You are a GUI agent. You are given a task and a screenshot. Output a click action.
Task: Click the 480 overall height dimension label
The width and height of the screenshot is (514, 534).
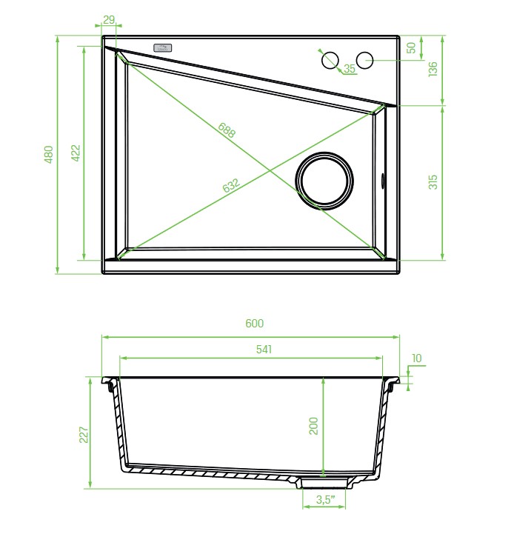tap(49, 154)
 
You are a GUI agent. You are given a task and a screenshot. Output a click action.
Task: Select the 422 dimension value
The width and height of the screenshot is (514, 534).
tap(76, 153)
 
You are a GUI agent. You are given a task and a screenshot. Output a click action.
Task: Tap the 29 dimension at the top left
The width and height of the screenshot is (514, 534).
tap(109, 20)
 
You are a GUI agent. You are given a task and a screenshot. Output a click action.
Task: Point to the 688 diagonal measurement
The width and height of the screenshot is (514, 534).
tap(227, 130)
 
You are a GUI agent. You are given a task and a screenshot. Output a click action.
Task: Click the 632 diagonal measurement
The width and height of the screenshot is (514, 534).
tap(231, 185)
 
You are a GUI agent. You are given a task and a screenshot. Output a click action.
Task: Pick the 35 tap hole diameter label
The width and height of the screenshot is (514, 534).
tap(350, 68)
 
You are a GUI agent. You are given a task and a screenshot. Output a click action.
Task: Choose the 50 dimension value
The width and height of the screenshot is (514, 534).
tap(412, 47)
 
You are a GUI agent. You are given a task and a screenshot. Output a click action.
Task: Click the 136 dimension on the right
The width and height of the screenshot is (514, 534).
tap(433, 69)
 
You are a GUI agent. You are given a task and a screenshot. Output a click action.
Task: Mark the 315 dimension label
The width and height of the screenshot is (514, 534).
tap(433, 182)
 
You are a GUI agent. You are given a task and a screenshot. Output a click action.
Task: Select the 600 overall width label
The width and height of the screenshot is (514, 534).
tap(255, 323)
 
